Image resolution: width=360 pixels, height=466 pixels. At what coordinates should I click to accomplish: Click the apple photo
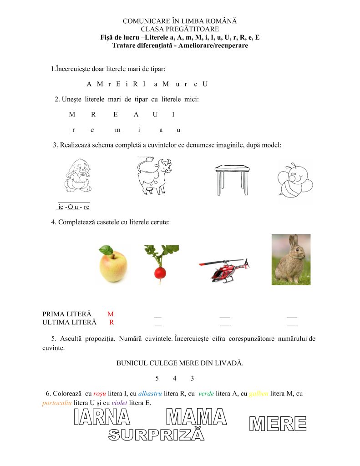pyautogui.click(x=113, y=264)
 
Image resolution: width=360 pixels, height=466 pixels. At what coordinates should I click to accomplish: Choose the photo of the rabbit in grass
pyautogui.click(x=291, y=259)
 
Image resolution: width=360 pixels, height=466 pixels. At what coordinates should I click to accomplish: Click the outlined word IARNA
pyautogui.click(x=102, y=417)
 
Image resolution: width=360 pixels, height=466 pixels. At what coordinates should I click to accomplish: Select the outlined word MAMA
pyautogui.click(x=196, y=417)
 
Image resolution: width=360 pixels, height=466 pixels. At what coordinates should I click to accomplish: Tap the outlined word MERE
pyautogui.click(x=278, y=424)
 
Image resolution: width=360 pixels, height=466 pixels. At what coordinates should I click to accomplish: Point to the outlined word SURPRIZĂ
pyautogui.click(x=156, y=435)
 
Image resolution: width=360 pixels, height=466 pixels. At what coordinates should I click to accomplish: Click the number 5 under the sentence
pyautogui.click(x=157, y=378)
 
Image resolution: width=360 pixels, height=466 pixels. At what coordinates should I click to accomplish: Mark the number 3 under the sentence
pyautogui.click(x=193, y=378)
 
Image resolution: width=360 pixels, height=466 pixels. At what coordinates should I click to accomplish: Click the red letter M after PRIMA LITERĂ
pyautogui.click(x=110, y=314)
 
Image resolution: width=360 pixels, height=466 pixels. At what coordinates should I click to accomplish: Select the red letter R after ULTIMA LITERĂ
pyautogui.click(x=112, y=322)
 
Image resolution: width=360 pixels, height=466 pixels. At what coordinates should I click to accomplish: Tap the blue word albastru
pyautogui.click(x=150, y=393)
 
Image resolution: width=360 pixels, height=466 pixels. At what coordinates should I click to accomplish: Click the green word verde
pyautogui.click(x=206, y=393)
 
